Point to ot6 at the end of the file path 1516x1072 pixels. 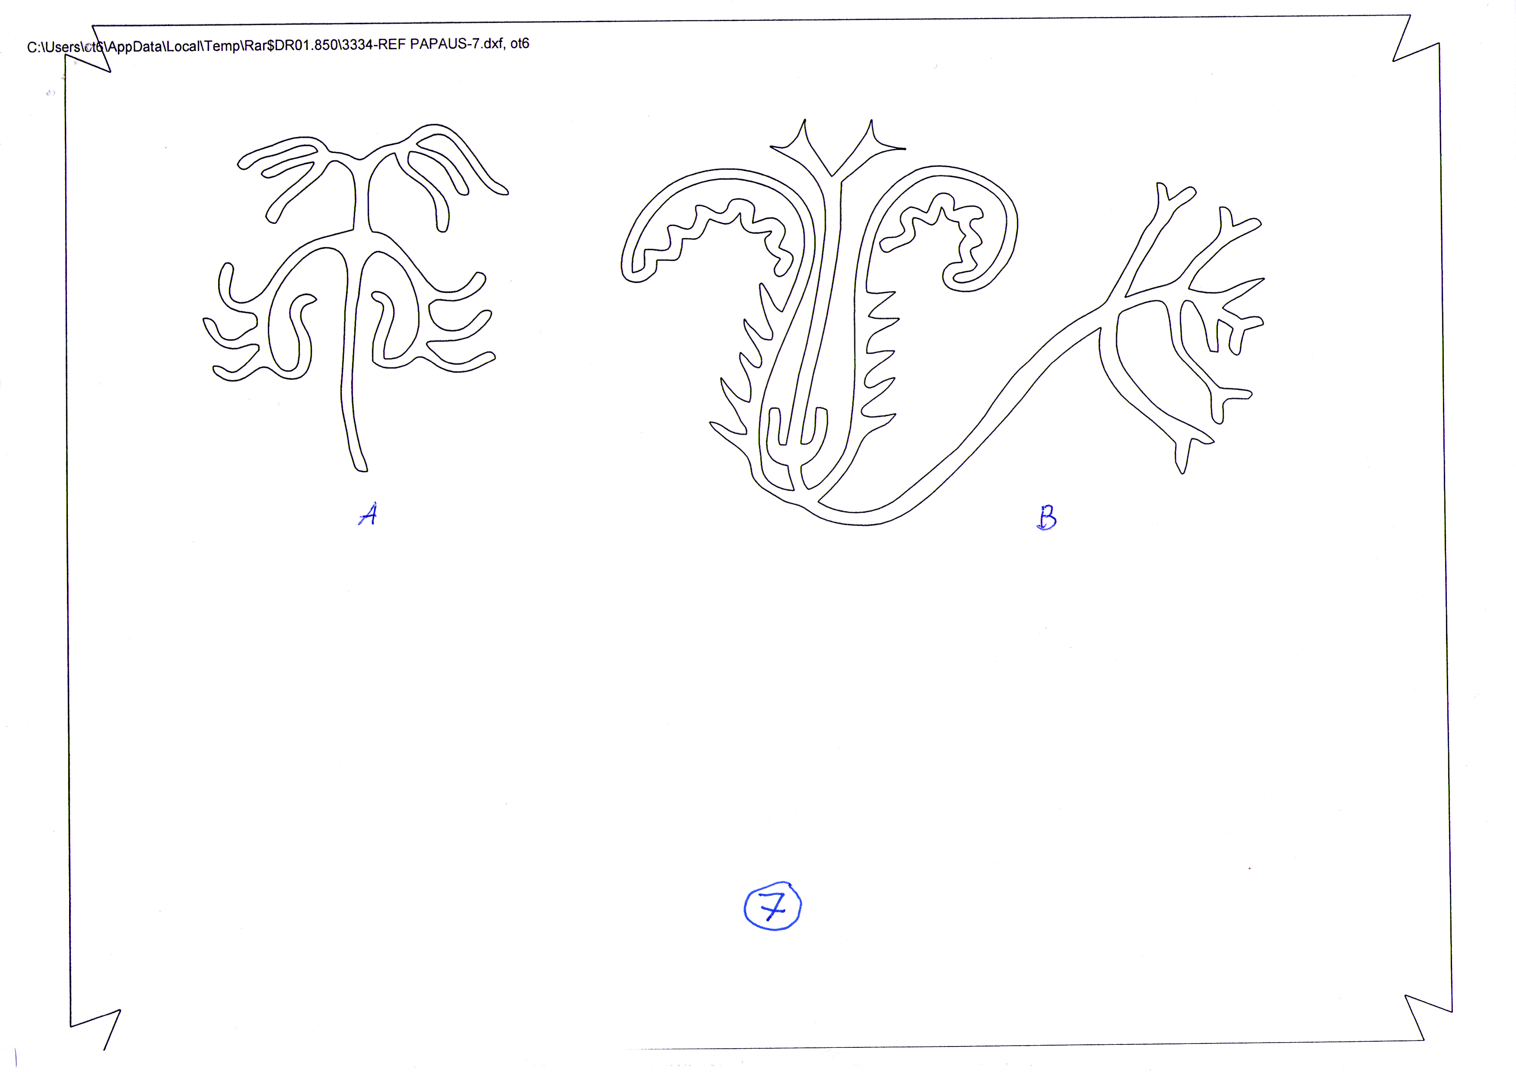click(x=519, y=44)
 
